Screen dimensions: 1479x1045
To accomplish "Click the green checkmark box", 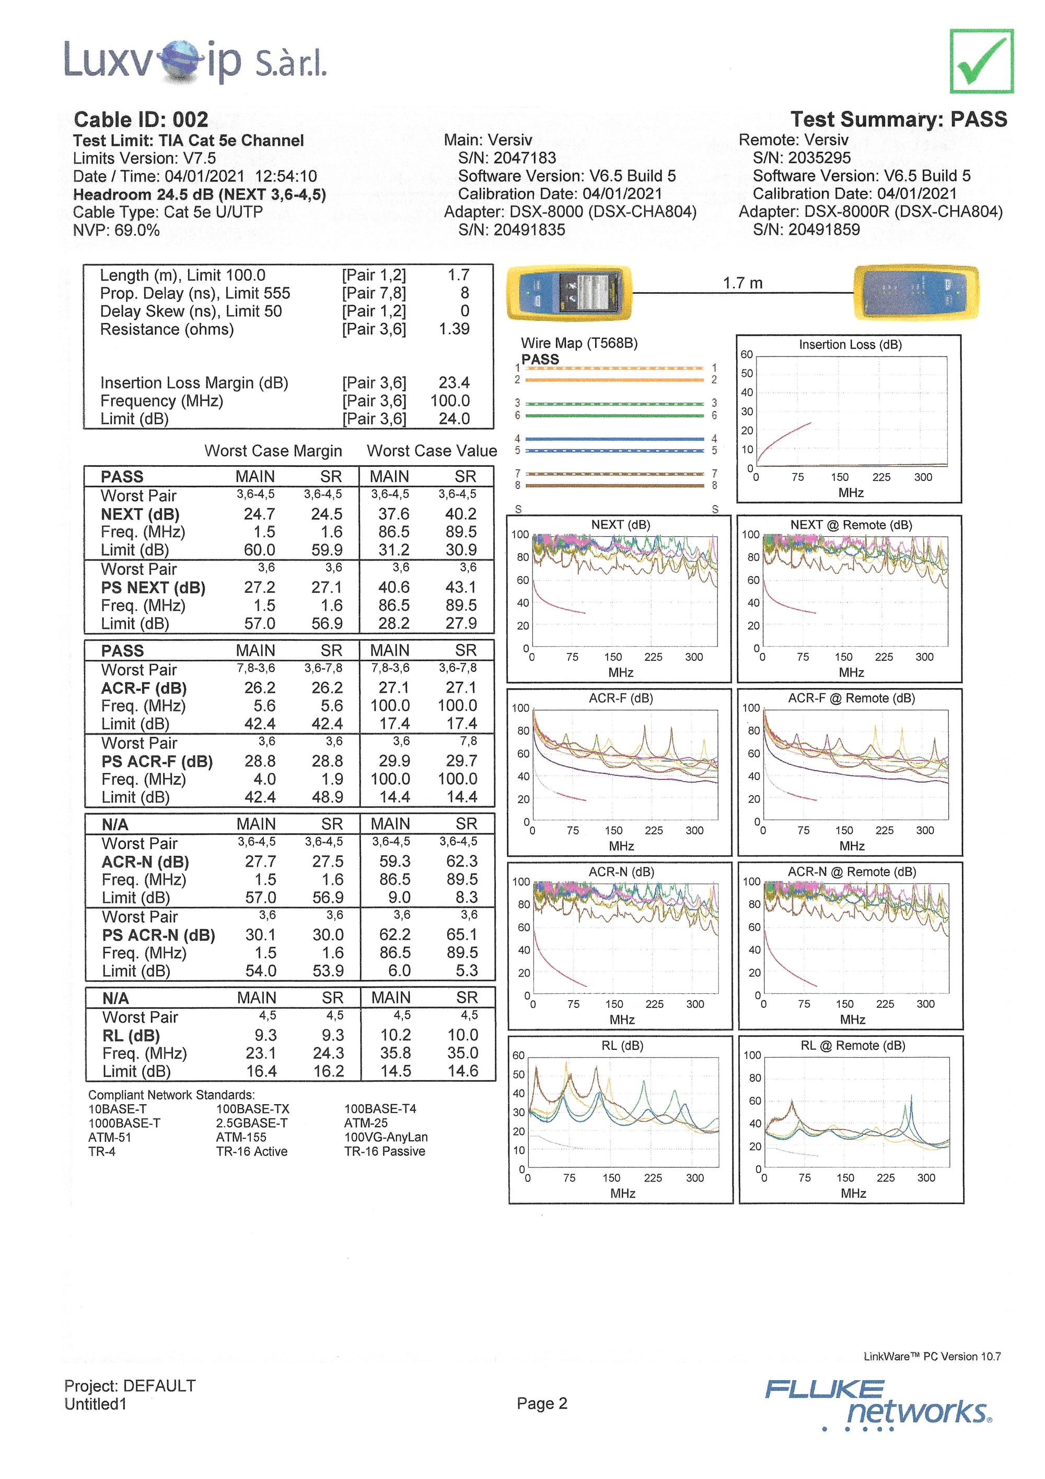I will (x=981, y=62).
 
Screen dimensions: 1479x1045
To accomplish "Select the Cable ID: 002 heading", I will (x=141, y=120).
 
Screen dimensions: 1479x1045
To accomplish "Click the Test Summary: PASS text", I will (x=898, y=119).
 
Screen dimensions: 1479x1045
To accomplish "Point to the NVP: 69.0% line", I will (x=116, y=230).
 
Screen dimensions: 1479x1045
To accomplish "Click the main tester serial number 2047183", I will (x=507, y=158).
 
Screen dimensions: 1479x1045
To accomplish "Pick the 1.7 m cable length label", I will (x=742, y=283).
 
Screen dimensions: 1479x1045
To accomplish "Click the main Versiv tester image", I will (x=569, y=293).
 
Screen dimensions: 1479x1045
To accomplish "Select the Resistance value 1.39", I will (x=454, y=329).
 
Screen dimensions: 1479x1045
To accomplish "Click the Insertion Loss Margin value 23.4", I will (x=454, y=383).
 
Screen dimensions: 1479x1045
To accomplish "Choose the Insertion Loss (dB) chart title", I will (x=850, y=345).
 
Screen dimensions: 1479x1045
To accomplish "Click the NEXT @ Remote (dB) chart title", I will (x=851, y=525).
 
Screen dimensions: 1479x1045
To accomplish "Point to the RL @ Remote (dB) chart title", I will (x=853, y=1046).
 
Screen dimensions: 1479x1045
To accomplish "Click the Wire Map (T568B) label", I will (x=579, y=343).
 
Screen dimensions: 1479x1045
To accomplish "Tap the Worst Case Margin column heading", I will (x=273, y=451).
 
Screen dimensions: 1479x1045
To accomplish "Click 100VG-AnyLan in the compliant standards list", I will (x=386, y=1137).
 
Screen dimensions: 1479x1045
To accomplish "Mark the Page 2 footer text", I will (x=541, y=1403).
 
